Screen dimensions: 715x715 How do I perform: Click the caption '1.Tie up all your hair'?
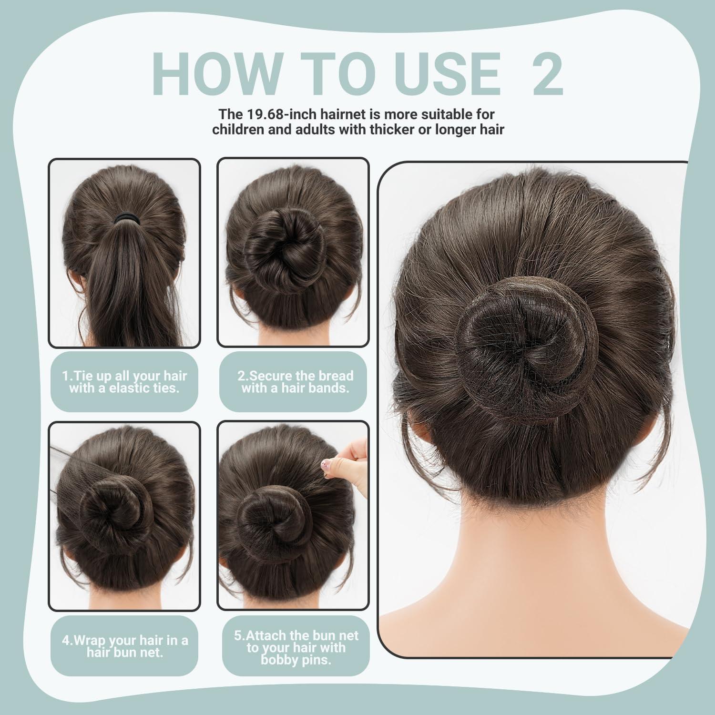pos(124,376)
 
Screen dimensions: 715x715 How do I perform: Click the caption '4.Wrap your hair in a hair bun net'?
pos(124,646)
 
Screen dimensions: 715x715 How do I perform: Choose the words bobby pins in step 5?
pos(296,660)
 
